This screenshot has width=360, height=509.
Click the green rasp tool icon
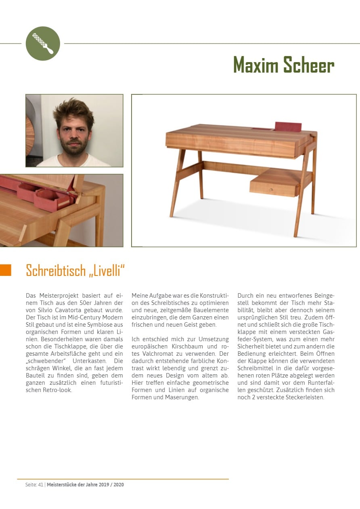coord(43,43)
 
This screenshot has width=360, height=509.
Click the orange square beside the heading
coord(6,270)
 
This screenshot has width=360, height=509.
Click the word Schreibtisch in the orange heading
coord(55,271)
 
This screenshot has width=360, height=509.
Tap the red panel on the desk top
coord(288,126)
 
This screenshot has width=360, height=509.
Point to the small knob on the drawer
coord(272,189)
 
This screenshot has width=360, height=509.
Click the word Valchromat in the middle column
coord(155,353)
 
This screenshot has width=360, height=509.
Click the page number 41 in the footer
coord(40,484)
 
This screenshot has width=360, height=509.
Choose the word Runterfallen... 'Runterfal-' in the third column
coord(318,383)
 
